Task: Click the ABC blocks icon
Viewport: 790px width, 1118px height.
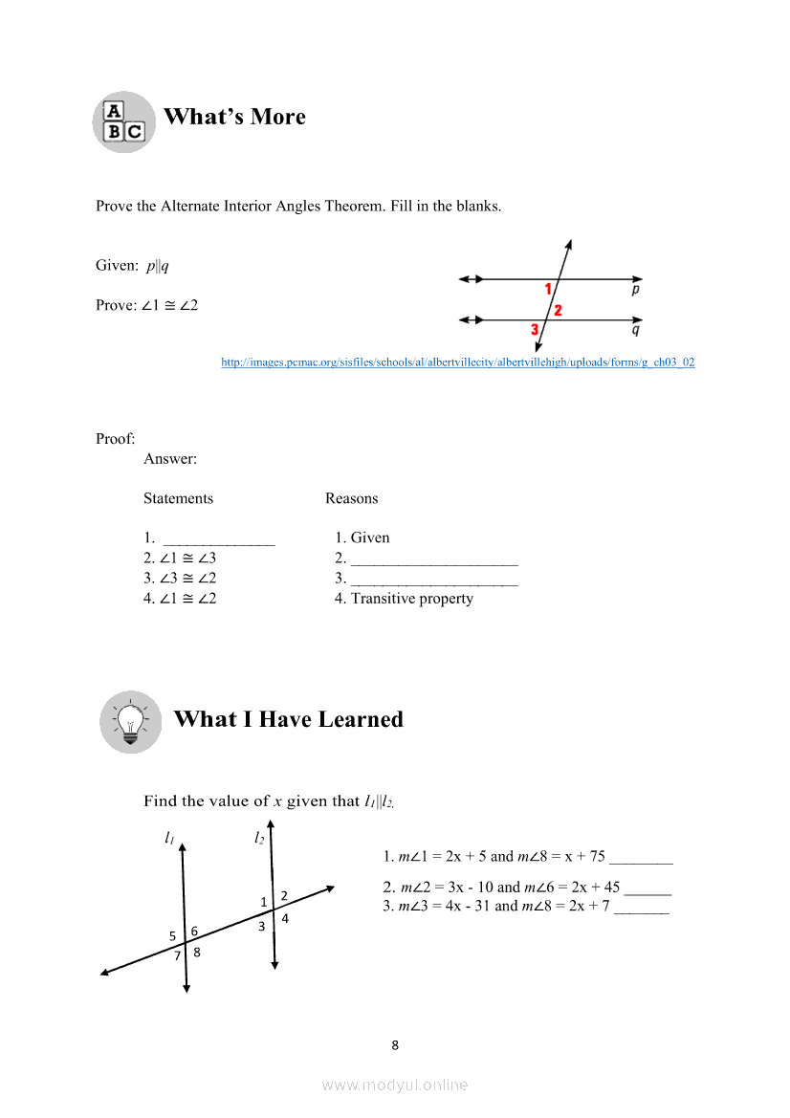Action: point(124,121)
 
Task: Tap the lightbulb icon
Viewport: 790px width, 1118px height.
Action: point(130,721)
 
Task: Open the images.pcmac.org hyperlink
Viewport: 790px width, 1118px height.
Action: point(457,362)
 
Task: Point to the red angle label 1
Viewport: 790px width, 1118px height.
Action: point(548,289)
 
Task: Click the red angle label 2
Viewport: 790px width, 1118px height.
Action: point(558,310)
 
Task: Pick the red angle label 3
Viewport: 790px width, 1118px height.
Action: point(535,330)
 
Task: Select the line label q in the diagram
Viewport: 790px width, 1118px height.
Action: point(636,330)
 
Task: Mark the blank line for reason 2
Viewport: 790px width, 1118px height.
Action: point(434,563)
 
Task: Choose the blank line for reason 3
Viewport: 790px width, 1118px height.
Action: point(434,583)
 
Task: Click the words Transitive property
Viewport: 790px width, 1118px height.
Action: point(412,599)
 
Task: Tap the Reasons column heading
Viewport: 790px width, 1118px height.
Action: point(351,498)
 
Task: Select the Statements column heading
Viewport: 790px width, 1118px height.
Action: point(178,498)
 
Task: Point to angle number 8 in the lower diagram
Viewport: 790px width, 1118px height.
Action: point(197,952)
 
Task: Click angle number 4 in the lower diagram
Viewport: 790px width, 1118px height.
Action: point(285,918)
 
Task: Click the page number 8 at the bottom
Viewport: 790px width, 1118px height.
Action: point(395,1045)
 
